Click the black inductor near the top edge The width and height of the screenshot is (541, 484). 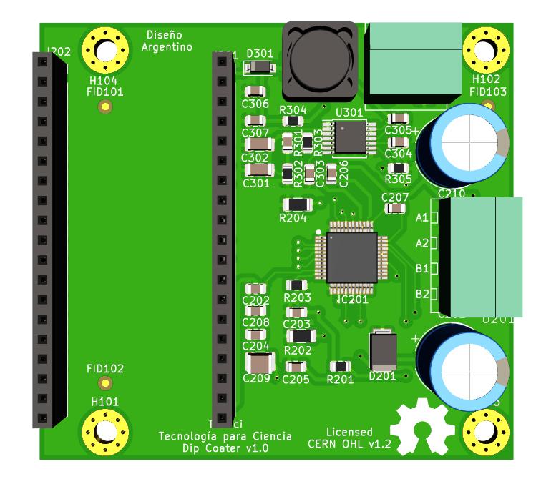coord(319,60)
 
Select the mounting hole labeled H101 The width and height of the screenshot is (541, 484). coord(105,431)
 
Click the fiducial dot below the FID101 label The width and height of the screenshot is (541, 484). coord(105,107)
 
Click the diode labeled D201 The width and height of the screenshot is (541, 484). coord(381,350)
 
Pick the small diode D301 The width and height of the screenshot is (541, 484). coord(258,68)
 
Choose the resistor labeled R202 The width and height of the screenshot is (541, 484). coord(300,336)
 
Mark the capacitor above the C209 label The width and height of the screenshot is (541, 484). coord(256,362)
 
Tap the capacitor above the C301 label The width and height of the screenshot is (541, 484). coord(258,169)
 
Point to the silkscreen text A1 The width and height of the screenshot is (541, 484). coord(421,217)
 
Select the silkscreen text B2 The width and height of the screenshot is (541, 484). coord(421,294)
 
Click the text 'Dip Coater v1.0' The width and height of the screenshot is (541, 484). coord(225,448)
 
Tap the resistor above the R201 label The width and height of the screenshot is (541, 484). coord(340,367)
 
